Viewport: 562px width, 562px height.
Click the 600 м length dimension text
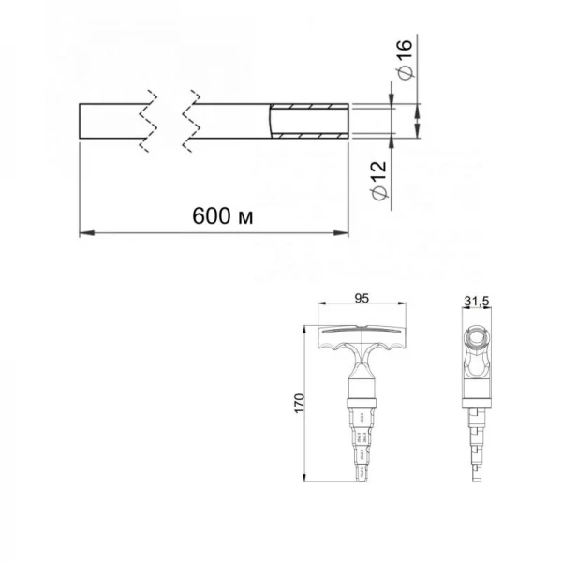(224, 215)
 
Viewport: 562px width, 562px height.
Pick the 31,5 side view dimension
(478, 300)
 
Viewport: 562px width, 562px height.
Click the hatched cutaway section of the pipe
(309, 123)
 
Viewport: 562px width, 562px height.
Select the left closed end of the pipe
(80, 123)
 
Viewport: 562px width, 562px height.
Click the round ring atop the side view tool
(478, 337)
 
